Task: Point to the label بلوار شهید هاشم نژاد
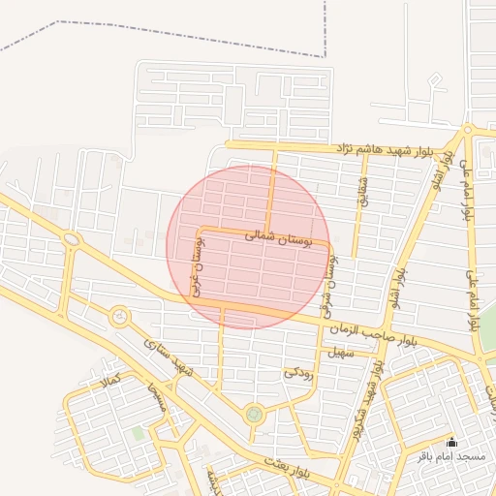386,149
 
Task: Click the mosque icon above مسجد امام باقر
449,442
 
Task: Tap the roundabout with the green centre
254,414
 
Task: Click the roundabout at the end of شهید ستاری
119,316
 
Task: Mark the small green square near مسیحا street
138,434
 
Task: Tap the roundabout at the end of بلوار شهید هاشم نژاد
468,129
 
